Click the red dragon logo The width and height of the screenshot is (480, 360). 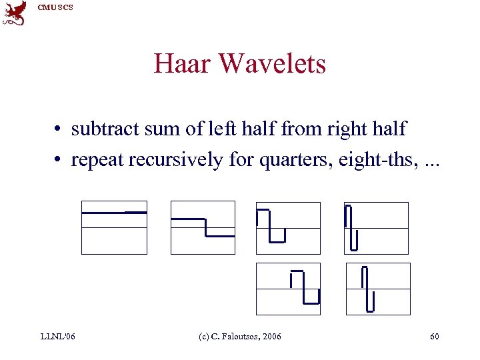[15, 13]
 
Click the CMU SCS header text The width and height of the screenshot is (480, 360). [55, 7]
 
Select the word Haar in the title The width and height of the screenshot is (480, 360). [182, 64]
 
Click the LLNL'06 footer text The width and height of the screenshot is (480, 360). [58, 336]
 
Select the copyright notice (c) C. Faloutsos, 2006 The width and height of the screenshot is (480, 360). [240, 336]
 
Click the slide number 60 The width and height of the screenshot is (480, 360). [434, 336]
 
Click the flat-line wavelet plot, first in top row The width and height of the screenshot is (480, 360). [114, 227]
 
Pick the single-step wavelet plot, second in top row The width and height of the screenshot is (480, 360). [203, 227]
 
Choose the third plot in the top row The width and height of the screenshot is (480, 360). [288, 227]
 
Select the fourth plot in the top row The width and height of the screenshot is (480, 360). [376, 227]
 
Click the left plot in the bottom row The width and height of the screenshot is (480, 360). [288, 289]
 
